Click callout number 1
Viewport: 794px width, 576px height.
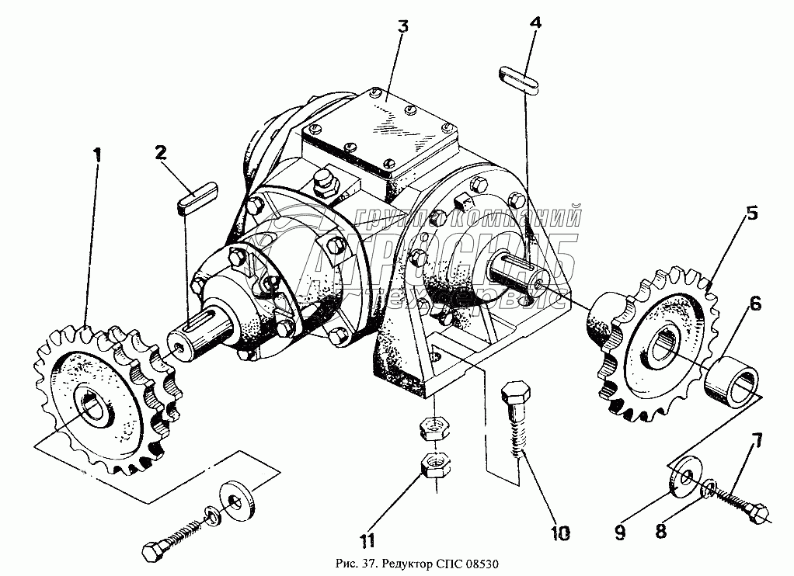[x=97, y=155]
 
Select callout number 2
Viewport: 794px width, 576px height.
[x=160, y=152]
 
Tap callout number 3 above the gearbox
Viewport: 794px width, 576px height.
[x=402, y=26]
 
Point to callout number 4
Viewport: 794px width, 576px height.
[x=535, y=23]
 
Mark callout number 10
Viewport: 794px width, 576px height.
[x=559, y=533]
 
